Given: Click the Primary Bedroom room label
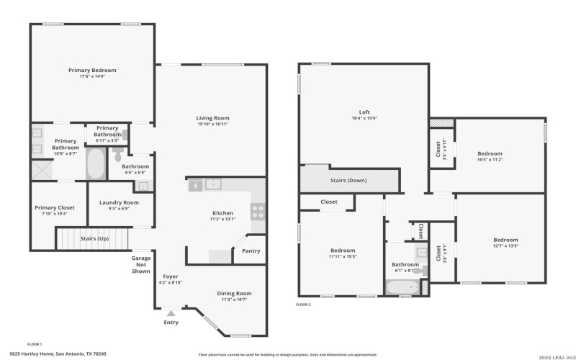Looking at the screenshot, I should [92, 70].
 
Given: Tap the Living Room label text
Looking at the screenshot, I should [212, 118].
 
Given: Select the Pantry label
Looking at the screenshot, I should [251, 251].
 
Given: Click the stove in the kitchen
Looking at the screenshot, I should [258, 211].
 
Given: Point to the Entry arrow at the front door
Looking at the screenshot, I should [171, 312].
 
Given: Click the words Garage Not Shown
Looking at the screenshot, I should [140, 264].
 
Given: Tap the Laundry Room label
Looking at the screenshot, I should [120, 202].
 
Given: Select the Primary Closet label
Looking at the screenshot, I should [55, 207].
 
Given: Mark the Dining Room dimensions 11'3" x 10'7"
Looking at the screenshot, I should [234, 300].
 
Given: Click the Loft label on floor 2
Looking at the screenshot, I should [364, 112].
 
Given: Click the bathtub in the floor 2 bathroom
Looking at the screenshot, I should [402, 287].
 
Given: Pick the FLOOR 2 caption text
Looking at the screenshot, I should [303, 305].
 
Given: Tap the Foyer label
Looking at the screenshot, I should [170, 276].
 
